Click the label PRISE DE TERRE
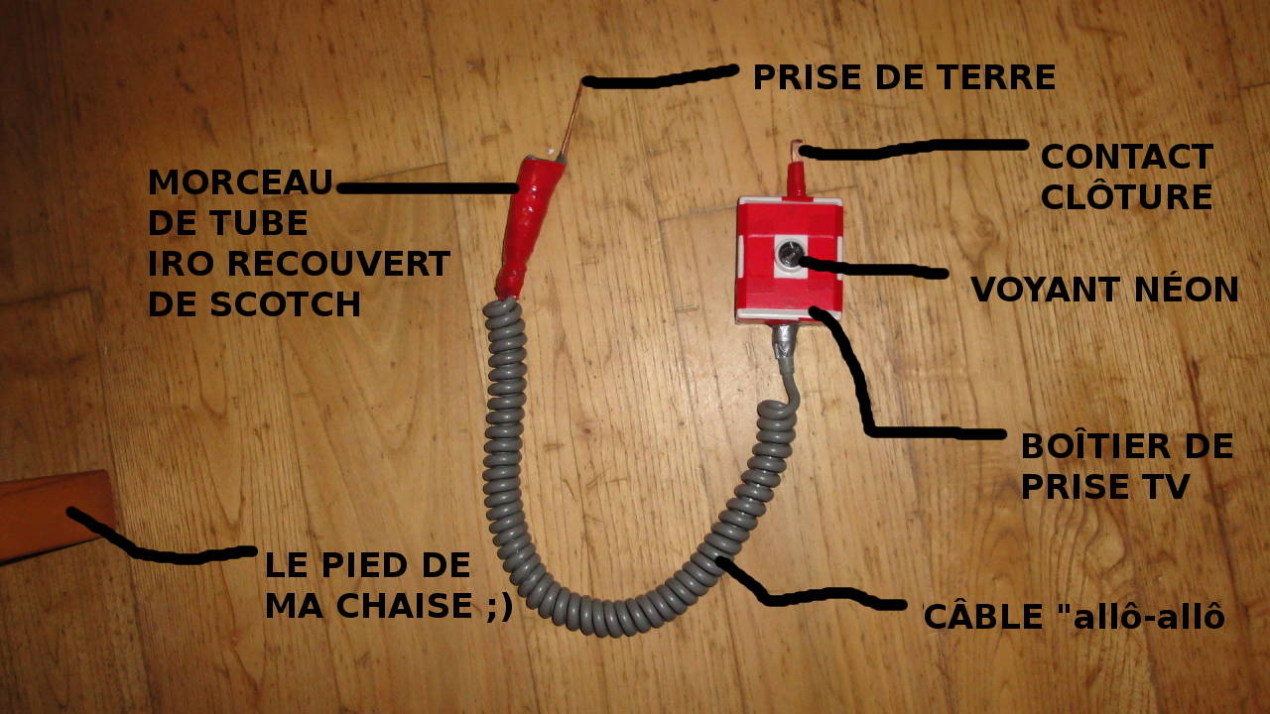click(x=904, y=77)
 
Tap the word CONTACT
click(x=1127, y=157)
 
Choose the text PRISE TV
click(x=1104, y=486)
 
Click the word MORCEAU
click(x=240, y=181)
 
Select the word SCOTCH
click(x=285, y=304)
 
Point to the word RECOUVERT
click(x=339, y=264)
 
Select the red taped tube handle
click(x=529, y=227)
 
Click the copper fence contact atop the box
click(x=797, y=150)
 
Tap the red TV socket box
click(x=789, y=260)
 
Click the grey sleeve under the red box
click(x=783, y=346)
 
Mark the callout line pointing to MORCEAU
click(x=427, y=187)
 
